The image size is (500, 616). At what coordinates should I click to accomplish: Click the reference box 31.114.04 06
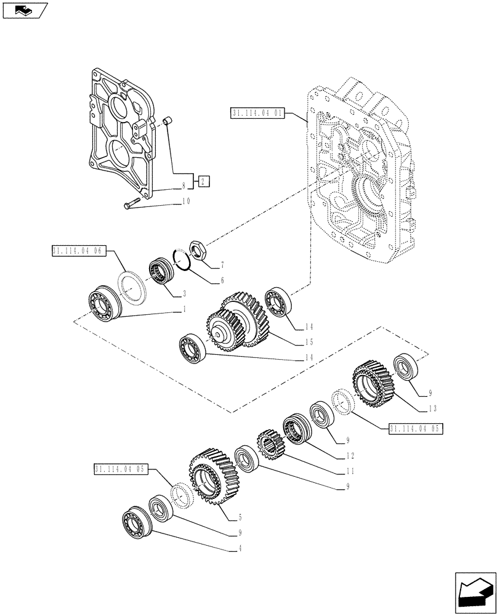pyautogui.click(x=79, y=251)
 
